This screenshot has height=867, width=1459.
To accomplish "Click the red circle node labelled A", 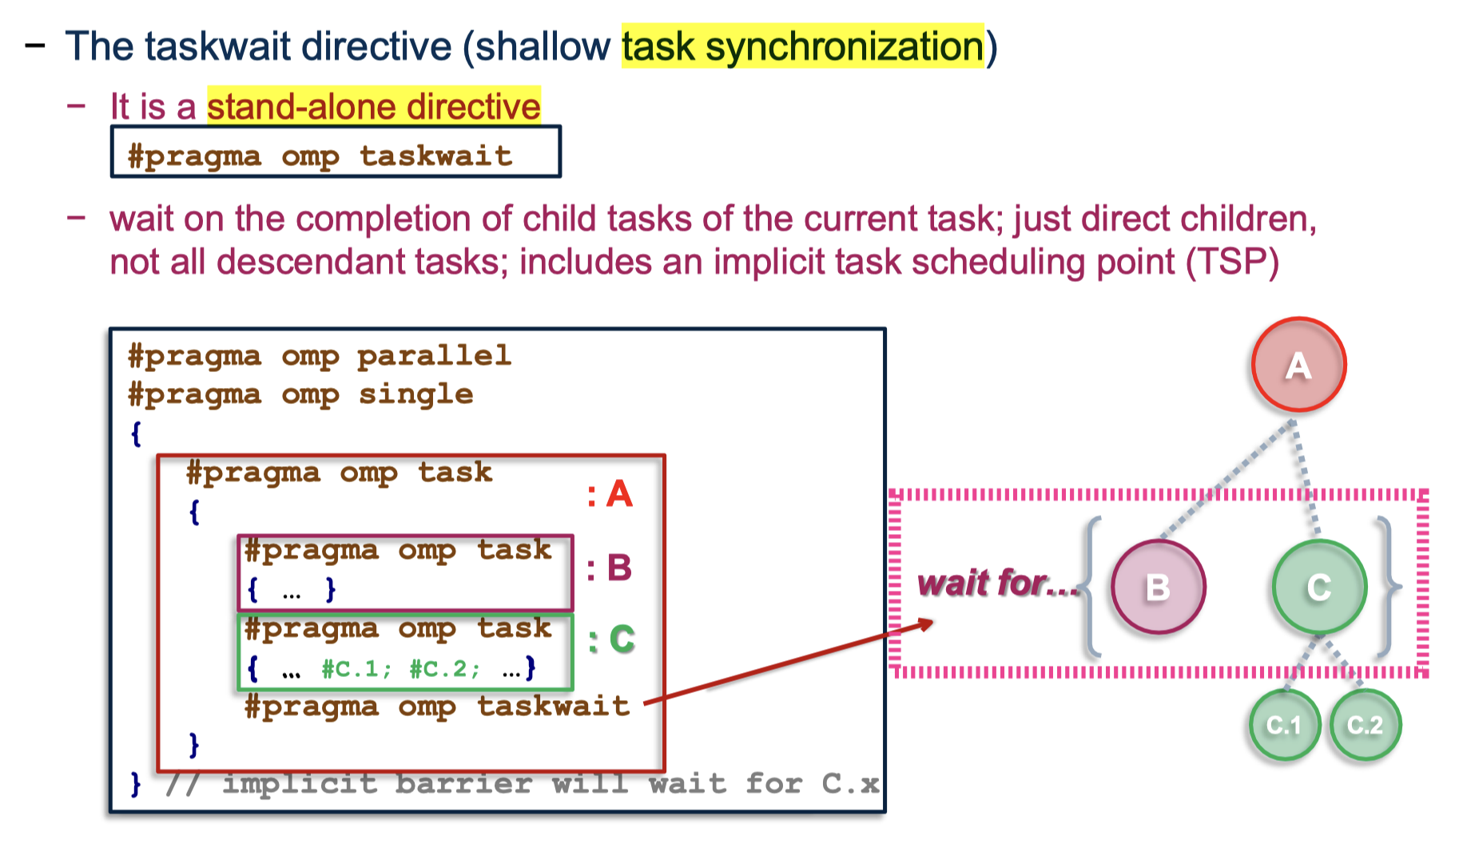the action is point(1298,365).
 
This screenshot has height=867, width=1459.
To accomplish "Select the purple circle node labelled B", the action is point(1158,587).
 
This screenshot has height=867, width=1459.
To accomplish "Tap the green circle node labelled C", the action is point(1319,587).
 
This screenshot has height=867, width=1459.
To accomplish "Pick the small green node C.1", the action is point(1284,725).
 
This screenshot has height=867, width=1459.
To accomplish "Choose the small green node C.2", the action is point(1366,725).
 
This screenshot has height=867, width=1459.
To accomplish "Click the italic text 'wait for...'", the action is point(998,584).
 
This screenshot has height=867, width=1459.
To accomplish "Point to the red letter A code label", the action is point(620,494).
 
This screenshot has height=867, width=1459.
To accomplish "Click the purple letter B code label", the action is point(619,568).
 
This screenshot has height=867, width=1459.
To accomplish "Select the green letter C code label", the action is point(622,639).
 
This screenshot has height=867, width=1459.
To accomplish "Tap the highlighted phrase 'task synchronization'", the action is point(803,46).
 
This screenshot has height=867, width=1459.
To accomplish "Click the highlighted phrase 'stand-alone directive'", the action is point(374,106).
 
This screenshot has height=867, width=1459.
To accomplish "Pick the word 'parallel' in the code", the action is point(434,356).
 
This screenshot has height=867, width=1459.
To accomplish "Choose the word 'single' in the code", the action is point(415,394).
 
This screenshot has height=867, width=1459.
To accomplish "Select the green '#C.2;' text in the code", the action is point(445,668).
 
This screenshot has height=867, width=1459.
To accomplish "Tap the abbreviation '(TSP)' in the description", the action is point(1232,262).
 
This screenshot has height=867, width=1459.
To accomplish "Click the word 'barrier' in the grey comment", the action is point(463,784).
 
